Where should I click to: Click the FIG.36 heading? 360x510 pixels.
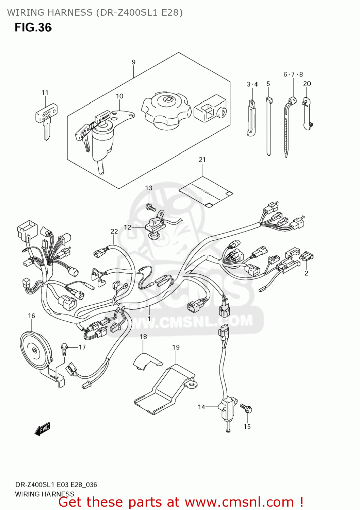(x=33, y=28)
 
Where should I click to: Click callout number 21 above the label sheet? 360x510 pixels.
(x=202, y=159)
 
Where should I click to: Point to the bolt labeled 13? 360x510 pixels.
(x=150, y=206)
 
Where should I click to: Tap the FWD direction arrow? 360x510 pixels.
(x=43, y=429)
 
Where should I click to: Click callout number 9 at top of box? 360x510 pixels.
(x=133, y=62)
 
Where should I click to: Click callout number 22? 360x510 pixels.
(x=114, y=232)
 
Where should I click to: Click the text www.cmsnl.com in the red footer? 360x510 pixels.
(x=239, y=502)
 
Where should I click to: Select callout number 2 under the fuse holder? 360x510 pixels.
(x=306, y=273)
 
